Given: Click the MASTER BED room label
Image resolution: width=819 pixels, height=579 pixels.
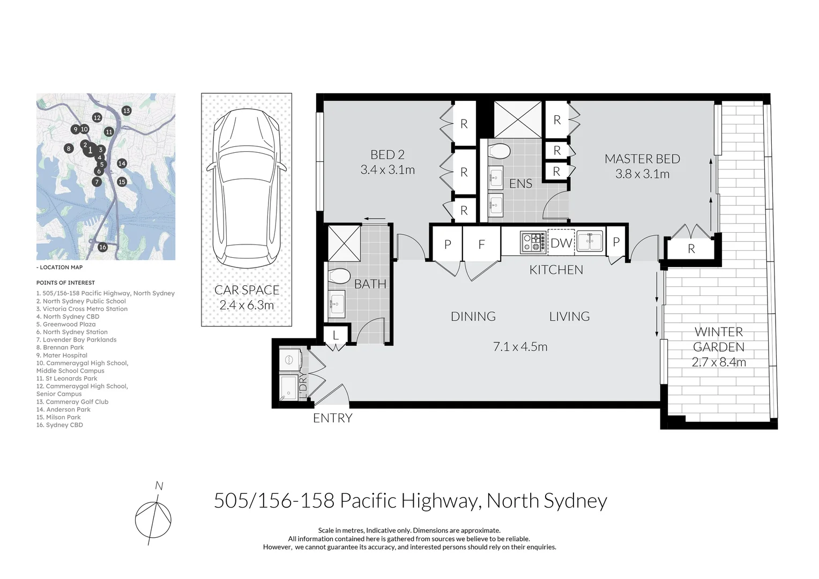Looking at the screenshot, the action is pyautogui.click(x=642, y=159).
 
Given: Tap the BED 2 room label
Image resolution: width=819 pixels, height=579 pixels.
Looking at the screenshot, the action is pyautogui.click(x=387, y=155).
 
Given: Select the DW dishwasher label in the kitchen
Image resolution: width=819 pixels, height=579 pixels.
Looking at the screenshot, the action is pyautogui.click(x=561, y=242).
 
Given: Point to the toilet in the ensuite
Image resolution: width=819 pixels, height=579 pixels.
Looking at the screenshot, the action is pyautogui.click(x=500, y=151).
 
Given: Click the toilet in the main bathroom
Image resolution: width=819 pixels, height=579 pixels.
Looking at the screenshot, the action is pyautogui.click(x=339, y=276).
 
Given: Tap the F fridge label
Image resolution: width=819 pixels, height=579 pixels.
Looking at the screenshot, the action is pyautogui.click(x=481, y=244).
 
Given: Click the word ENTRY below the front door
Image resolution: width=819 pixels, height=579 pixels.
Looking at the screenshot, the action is pyautogui.click(x=333, y=418).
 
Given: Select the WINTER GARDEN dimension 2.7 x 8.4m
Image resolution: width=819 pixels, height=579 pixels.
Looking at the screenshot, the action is pyautogui.click(x=718, y=362).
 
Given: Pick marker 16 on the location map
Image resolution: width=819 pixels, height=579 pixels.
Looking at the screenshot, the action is pyautogui.click(x=103, y=247).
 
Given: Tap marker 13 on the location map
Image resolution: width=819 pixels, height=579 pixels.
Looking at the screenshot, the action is pyautogui.click(x=126, y=110).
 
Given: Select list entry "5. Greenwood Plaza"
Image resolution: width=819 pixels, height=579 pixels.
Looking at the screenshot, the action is pyautogui.click(x=66, y=324).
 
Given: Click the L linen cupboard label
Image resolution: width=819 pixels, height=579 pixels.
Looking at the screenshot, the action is pyautogui.click(x=336, y=335).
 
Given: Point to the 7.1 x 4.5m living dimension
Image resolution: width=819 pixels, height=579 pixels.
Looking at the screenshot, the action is pyautogui.click(x=520, y=347).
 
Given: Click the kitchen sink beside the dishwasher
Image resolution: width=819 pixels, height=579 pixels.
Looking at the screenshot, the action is pyautogui.click(x=590, y=241).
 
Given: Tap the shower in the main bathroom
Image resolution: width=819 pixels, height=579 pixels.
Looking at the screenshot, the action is pyautogui.click(x=344, y=243).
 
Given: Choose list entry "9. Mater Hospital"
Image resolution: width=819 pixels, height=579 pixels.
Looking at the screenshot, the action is pyautogui.click(x=62, y=355).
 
